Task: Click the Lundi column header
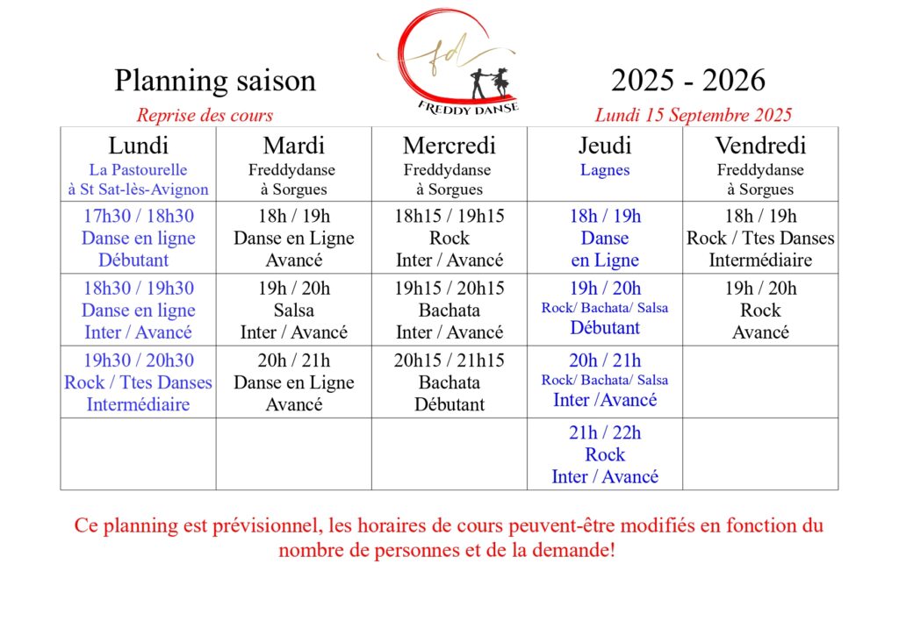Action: tap(138, 146)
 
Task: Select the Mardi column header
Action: tap(293, 146)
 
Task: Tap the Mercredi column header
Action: tap(449, 146)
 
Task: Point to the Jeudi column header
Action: tap(605, 146)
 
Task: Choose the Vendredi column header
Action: tap(760, 146)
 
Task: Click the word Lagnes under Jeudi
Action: tap(605, 170)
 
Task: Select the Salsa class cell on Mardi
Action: tap(293, 310)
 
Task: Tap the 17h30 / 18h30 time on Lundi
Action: tap(138, 217)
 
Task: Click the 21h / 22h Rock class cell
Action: tap(605, 454)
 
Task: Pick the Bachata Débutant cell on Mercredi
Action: tap(449, 394)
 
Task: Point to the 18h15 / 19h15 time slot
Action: tap(449, 217)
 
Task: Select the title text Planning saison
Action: tap(215, 81)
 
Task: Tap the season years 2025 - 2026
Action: tap(688, 81)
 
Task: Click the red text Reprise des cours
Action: tap(205, 115)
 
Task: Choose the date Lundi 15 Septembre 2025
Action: tap(694, 115)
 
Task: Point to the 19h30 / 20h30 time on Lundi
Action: tap(138, 360)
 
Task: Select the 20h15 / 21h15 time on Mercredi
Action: tap(449, 360)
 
